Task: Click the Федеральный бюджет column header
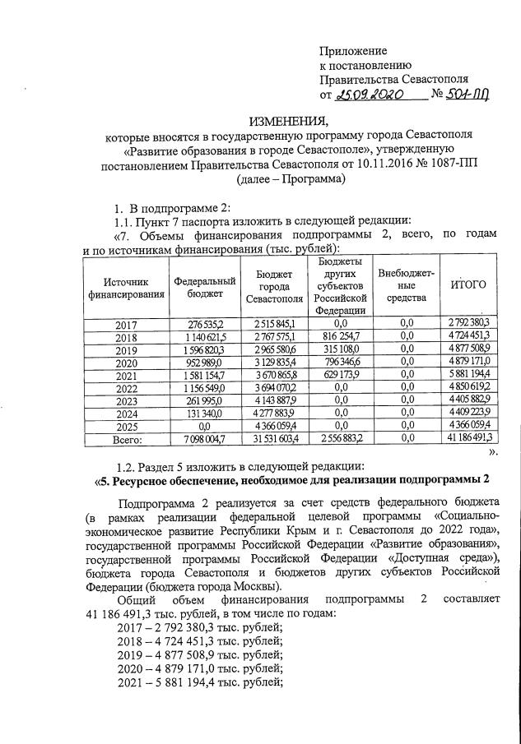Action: point(203,284)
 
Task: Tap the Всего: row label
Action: point(126,438)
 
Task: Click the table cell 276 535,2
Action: point(203,324)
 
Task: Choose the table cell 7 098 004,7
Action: point(203,438)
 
